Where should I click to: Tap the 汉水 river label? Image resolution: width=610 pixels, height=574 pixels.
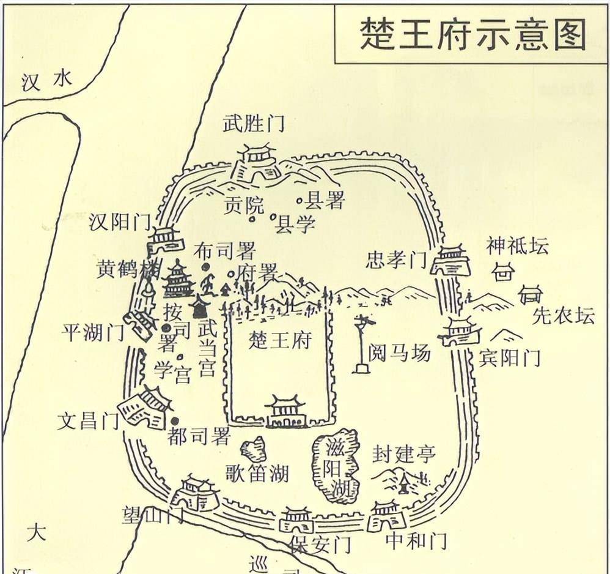(46, 81)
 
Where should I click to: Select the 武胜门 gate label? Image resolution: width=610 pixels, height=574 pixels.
(254, 124)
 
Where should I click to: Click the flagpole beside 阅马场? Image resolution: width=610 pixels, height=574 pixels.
(362, 343)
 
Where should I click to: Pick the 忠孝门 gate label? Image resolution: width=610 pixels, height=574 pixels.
(395, 260)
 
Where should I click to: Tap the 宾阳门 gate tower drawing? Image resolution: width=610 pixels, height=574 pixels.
(458, 332)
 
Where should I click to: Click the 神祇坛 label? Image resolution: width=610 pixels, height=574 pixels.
(517, 246)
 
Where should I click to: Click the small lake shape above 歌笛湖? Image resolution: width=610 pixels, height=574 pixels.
(254, 450)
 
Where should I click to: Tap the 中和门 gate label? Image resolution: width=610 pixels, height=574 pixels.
(416, 540)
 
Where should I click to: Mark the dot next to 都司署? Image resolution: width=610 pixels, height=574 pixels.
(175, 420)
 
